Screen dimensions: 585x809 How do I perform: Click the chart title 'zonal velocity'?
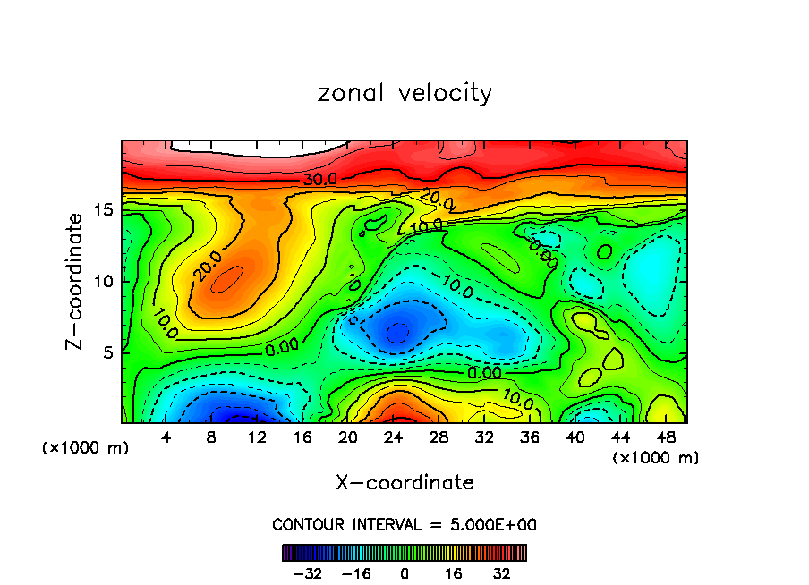404,93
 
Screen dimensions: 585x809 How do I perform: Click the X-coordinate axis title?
404,483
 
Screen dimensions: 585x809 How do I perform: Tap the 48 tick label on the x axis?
665,437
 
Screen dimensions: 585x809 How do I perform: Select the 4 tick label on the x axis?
166,437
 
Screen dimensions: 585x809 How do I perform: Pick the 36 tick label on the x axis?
529,437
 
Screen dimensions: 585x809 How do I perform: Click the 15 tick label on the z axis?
104,209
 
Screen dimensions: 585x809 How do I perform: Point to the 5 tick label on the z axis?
108,352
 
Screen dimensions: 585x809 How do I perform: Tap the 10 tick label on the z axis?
104,281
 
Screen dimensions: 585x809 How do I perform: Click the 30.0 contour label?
319,180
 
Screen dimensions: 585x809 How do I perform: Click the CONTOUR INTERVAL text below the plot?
404,524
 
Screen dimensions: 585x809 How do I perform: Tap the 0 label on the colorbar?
404,572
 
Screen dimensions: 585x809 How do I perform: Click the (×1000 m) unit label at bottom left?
86,448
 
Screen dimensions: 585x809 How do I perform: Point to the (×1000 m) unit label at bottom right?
656,458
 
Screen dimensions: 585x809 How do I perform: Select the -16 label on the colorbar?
356,572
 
